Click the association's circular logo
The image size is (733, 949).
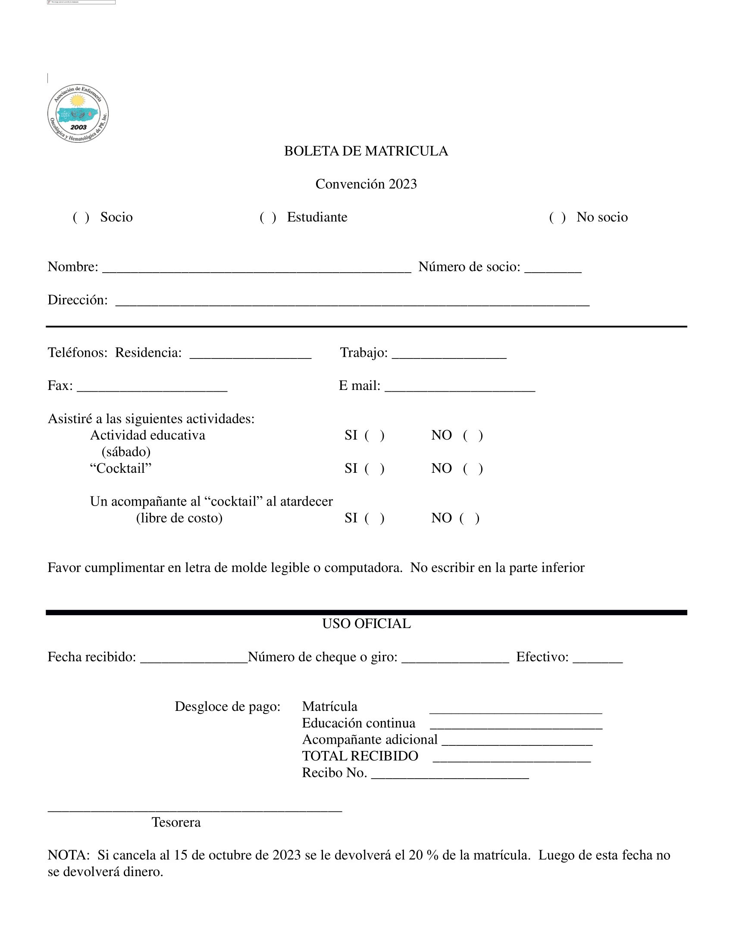point(78,113)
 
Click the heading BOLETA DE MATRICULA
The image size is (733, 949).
point(366,151)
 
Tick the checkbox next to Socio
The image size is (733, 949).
point(81,217)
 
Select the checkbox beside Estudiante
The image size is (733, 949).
point(268,217)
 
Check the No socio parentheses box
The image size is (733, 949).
point(557,217)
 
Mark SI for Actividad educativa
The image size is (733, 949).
point(374,435)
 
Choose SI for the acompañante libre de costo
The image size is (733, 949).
point(374,518)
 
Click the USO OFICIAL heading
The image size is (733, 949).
point(366,624)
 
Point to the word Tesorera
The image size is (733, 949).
point(176,823)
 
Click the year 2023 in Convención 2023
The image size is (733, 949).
point(403,184)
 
